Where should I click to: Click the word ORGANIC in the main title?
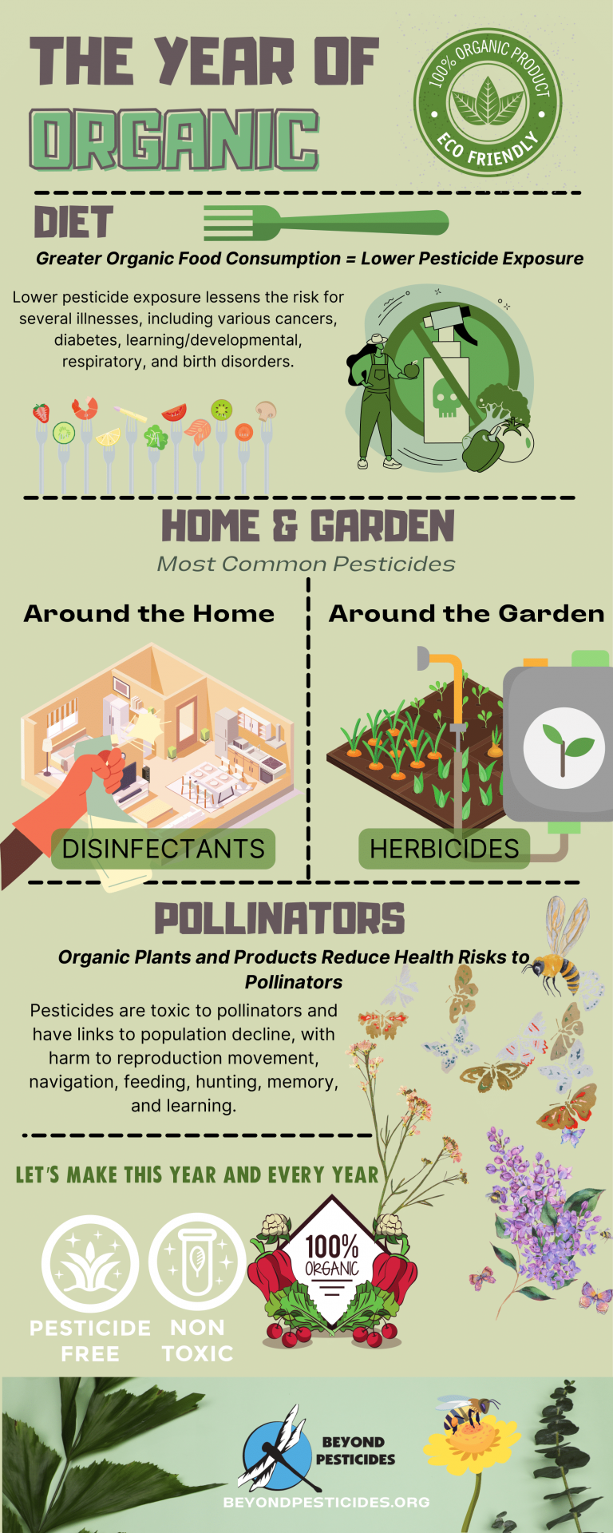click(x=175, y=140)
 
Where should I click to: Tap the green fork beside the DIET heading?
click(x=326, y=223)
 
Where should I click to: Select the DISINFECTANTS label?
click(x=164, y=848)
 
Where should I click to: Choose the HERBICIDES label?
click(x=444, y=848)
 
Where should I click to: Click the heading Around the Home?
click(x=149, y=613)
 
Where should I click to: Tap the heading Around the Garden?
click(x=467, y=613)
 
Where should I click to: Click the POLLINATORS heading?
click(x=279, y=919)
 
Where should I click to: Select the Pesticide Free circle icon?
click(x=90, y=1263)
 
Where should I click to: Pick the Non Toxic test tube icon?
click(x=197, y=1262)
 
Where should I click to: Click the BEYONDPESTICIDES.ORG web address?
click(x=326, y=1502)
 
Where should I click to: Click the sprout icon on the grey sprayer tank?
click(x=564, y=748)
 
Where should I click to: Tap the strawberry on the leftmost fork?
click(x=41, y=413)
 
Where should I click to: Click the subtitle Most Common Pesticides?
click(x=306, y=564)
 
